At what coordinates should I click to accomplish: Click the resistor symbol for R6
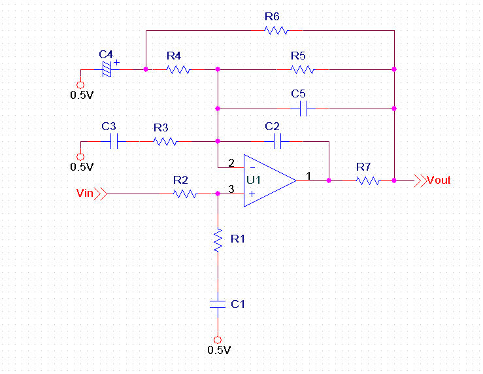click(x=276, y=30)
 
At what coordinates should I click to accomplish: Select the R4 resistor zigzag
click(x=178, y=69)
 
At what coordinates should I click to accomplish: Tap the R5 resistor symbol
click(x=303, y=69)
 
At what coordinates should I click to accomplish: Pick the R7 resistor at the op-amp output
click(x=367, y=180)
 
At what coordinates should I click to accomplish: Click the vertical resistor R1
click(x=218, y=241)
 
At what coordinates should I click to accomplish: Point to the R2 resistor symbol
click(x=185, y=194)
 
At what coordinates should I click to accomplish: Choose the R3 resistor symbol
click(x=165, y=141)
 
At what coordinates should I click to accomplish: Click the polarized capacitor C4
click(x=107, y=69)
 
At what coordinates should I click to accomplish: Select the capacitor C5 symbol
click(x=303, y=109)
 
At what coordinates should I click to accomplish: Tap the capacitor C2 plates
click(x=277, y=141)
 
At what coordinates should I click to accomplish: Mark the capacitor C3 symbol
click(x=114, y=141)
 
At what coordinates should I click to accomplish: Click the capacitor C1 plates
click(x=218, y=304)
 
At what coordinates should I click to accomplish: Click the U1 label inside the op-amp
click(x=254, y=180)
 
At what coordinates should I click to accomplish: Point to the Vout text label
click(x=439, y=180)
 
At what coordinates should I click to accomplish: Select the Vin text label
click(x=85, y=193)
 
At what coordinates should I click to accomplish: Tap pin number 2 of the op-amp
click(x=231, y=163)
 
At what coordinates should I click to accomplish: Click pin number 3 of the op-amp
click(x=231, y=189)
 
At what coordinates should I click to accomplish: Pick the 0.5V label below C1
click(x=219, y=350)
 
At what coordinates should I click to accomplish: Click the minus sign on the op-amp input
click(x=252, y=168)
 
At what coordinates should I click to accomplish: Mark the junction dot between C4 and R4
click(x=146, y=69)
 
